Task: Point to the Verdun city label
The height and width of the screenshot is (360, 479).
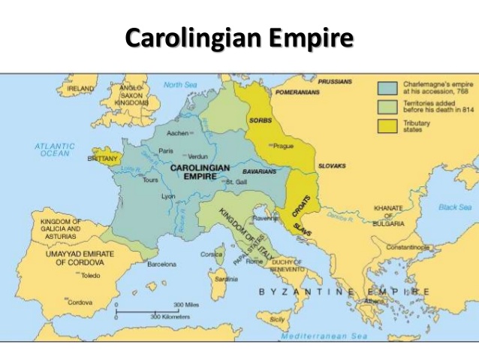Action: pyautogui.click(x=198, y=156)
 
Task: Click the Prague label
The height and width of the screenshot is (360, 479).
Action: pyautogui.click(x=284, y=146)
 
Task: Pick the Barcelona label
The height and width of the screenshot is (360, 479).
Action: pyautogui.click(x=161, y=264)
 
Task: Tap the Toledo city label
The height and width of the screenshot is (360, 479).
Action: pyautogui.click(x=90, y=275)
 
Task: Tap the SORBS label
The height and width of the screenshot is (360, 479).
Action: pyautogui.click(x=261, y=120)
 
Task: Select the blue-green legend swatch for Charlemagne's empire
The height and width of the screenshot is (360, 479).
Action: pyautogui.click(x=388, y=88)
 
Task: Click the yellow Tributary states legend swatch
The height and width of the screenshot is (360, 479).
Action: pyautogui.click(x=388, y=124)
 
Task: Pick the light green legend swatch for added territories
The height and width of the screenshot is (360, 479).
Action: pyautogui.click(x=388, y=106)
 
